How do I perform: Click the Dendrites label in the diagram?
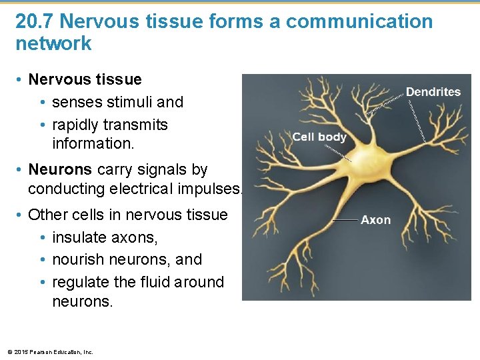433,92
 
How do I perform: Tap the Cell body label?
319,137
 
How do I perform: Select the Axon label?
376,220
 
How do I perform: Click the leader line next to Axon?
345,220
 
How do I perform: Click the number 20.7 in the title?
34,21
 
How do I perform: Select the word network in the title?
53,44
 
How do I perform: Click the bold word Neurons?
51,169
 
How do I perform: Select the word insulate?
79,237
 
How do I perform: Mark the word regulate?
80,282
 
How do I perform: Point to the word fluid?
159,282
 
